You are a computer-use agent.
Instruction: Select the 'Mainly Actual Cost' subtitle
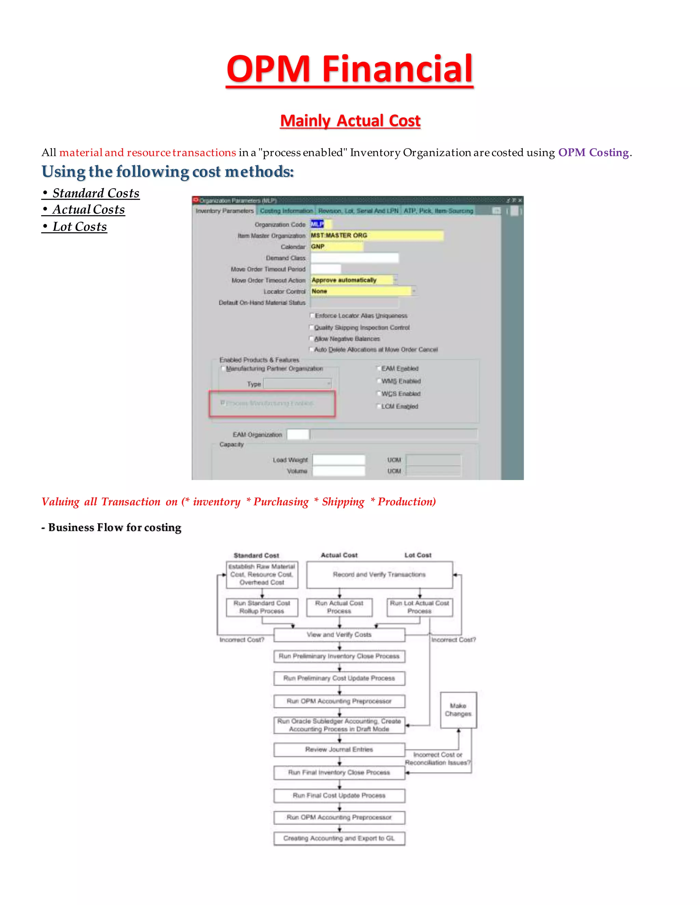tap(350, 121)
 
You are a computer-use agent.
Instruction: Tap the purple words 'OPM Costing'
tap(593, 153)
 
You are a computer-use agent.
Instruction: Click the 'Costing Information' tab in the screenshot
tap(286, 211)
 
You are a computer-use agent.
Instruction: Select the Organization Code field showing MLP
tap(318, 224)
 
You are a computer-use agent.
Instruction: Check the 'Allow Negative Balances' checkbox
tap(312, 338)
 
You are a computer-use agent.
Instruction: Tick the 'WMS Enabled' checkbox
tap(379, 381)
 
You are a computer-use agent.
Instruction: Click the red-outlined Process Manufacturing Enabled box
tap(272, 403)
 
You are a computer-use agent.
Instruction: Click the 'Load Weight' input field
tap(338, 460)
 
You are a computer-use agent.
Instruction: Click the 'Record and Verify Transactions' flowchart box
tap(379, 575)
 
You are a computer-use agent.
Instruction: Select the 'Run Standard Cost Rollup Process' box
tap(262, 607)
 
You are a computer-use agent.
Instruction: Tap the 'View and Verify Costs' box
tap(339, 635)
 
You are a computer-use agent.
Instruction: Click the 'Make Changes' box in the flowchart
tap(458, 710)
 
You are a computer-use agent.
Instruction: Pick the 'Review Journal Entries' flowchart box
tap(339, 750)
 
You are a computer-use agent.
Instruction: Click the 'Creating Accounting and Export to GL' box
tap(339, 838)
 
